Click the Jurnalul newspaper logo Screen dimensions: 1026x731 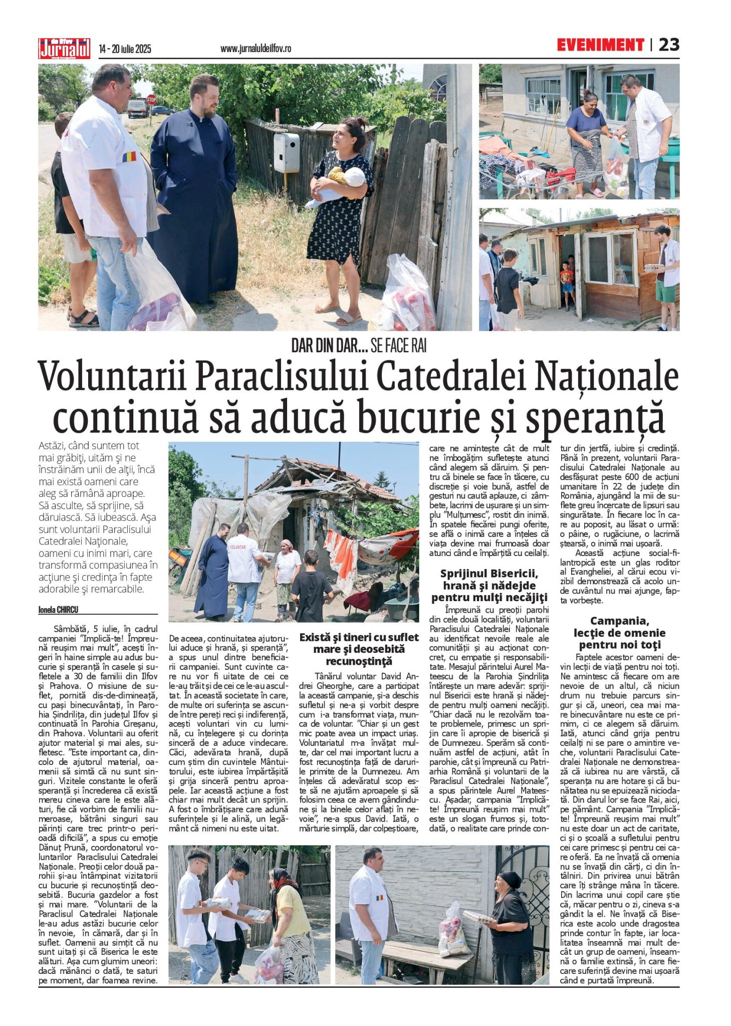64,49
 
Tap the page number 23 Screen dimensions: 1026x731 669,45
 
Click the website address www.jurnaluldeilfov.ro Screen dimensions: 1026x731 256,49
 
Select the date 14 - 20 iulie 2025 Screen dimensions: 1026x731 125,49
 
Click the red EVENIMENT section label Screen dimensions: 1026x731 600,45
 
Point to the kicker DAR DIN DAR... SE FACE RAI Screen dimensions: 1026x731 359,346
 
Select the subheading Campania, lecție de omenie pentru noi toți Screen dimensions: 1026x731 619,633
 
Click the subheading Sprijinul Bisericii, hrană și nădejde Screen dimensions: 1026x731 489,585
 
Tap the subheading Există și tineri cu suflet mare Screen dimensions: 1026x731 359,649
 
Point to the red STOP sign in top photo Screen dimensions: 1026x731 151,100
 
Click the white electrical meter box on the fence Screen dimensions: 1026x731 286,153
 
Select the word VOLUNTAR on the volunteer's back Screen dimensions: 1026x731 237,547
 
